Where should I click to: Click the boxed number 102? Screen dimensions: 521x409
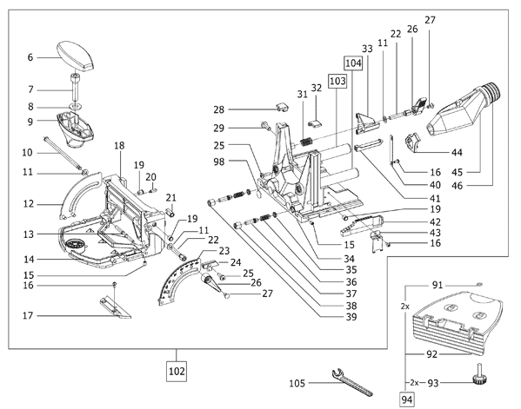177,371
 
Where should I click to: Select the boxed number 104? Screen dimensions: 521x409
353,63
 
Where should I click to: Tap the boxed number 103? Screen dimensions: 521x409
337,81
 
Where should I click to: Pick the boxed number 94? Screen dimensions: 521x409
407,399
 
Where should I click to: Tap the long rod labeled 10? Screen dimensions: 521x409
62,153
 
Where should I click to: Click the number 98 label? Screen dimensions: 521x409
219,162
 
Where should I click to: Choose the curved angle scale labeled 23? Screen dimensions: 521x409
176,280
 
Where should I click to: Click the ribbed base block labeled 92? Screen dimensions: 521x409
458,324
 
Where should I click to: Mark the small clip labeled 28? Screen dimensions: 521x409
282,107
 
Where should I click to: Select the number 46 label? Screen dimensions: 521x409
457,186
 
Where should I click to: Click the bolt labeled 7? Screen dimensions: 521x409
75,87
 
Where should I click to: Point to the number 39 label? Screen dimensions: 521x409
351,317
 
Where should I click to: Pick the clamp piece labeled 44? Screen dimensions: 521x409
412,142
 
